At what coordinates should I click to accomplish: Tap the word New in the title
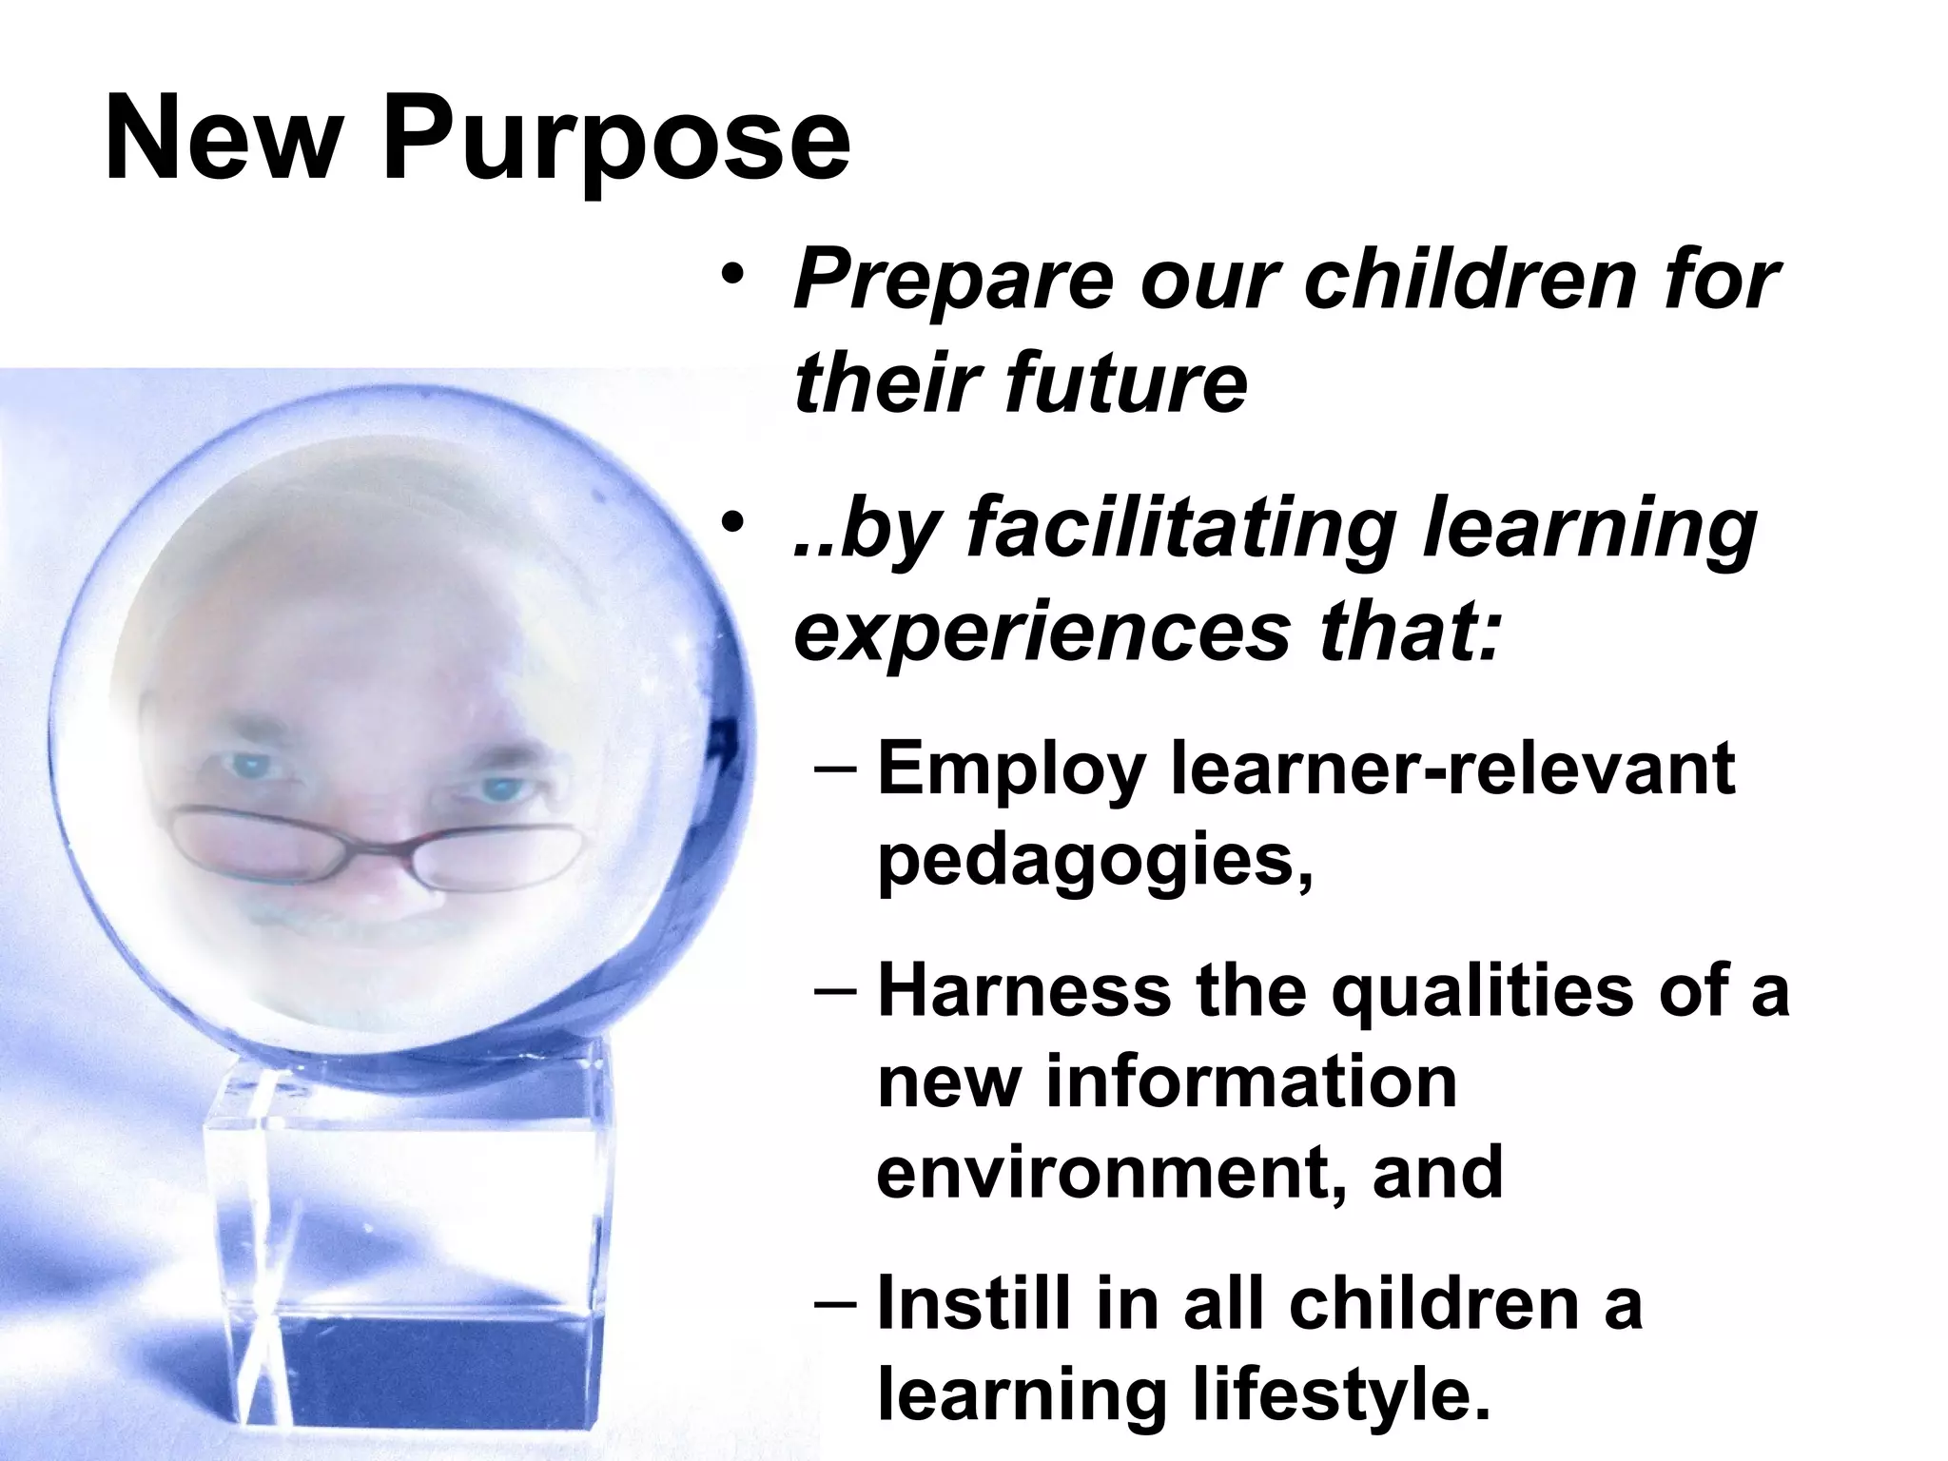(222, 139)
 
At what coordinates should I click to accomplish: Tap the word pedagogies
(1094, 862)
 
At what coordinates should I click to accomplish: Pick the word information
(1252, 1081)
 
